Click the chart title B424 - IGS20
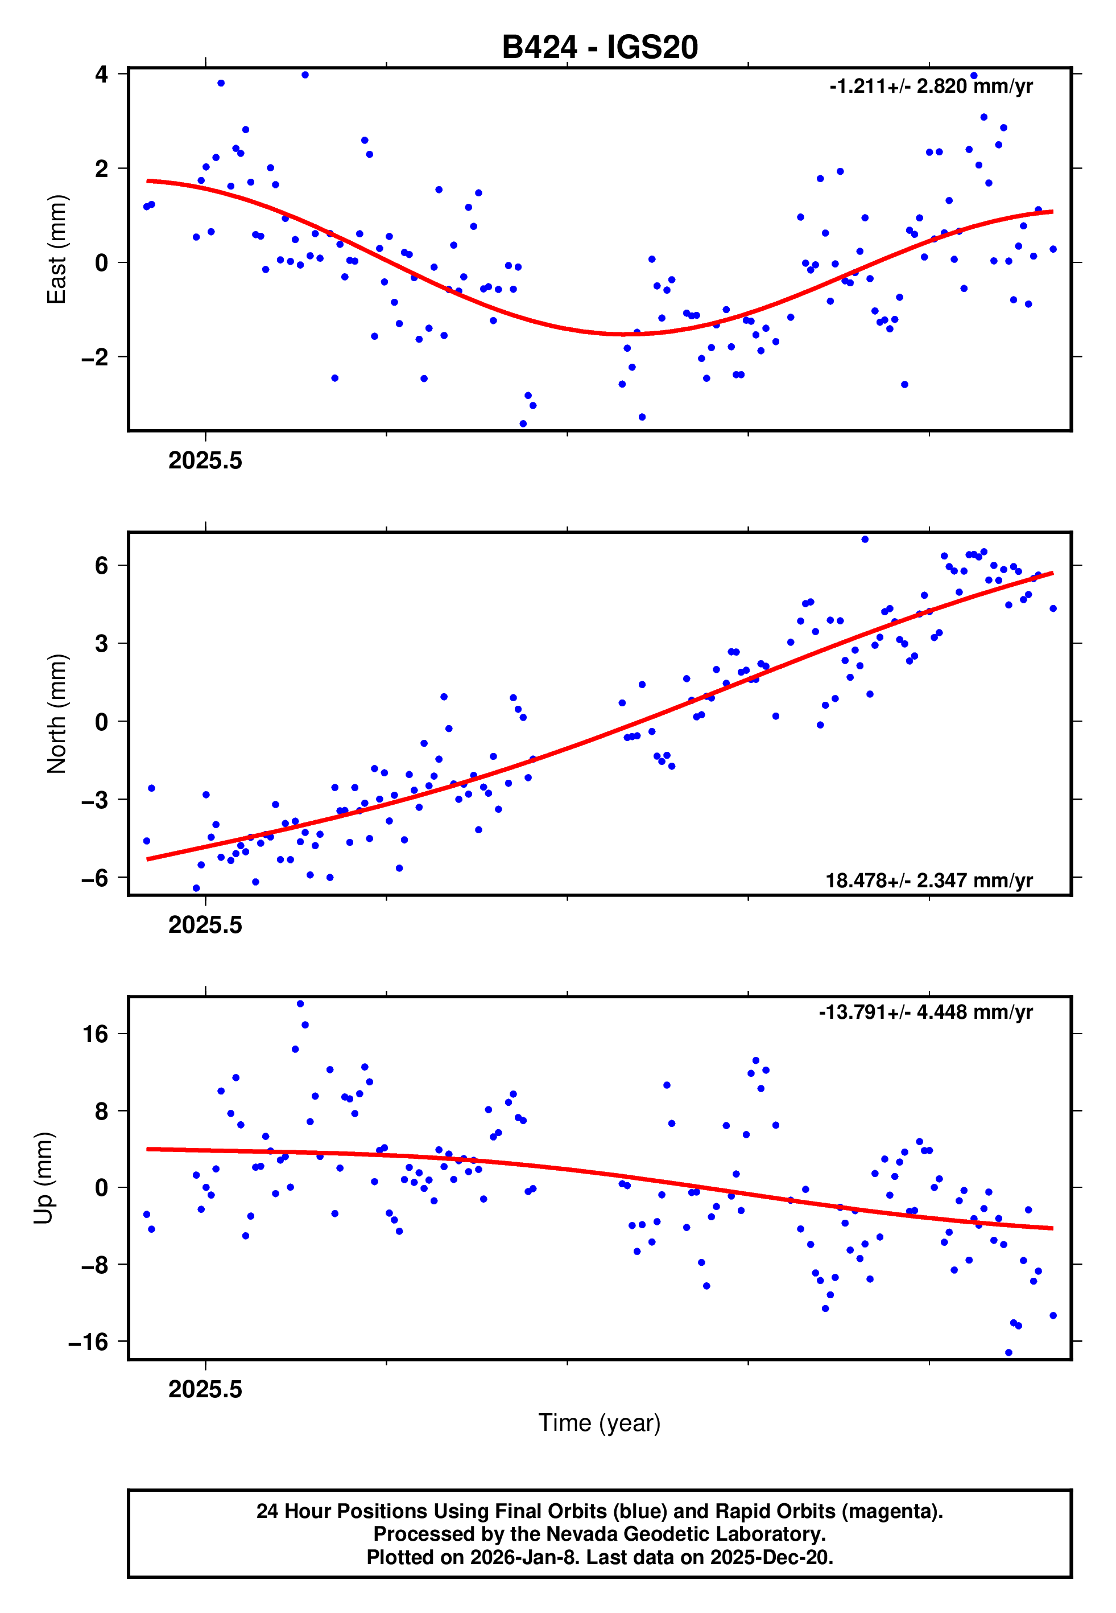pyautogui.click(x=600, y=48)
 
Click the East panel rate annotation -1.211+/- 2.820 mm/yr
pyautogui.click(x=930, y=87)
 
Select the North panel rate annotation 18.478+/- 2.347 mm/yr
pyautogui.click(x=929, y=880)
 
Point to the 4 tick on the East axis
pyautogui.click(x=102, y=74)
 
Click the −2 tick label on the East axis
pyautogui.click(x=94, y=357)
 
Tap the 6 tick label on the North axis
pyautogui.click(x=102, y=565)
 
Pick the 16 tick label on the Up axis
pyautogui.click(x=96, y=1034)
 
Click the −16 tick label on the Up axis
pyautogui.click(x=88, y=1342)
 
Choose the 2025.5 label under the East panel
pyautogui.click(x=205, y=461)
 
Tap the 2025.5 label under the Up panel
pyautogui.click(x=205, y=1389)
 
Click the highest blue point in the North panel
pyautogui.click(x=865, y=540)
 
